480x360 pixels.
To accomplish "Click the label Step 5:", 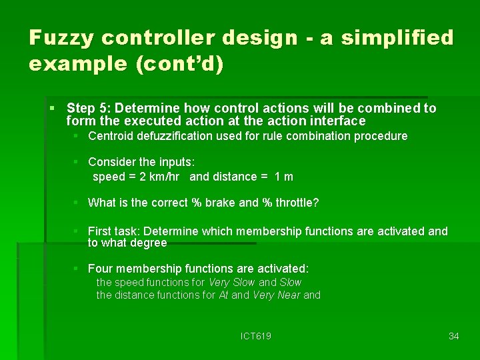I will (91, 108).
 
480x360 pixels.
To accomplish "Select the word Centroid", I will (111, 136).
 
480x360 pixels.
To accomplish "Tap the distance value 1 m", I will (283, 177).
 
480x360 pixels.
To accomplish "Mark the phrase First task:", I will (114, 231).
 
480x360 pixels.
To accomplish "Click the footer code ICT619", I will (255, 337).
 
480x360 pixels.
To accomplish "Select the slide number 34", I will (453, 337).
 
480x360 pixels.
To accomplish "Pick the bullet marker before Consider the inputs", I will (77, 162).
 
